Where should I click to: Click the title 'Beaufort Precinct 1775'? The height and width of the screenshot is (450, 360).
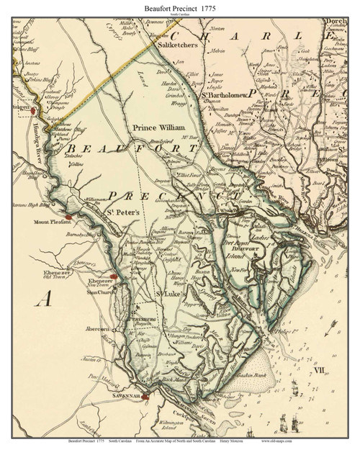coord(179,6)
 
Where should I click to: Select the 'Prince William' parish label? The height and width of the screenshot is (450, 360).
coord(155,127)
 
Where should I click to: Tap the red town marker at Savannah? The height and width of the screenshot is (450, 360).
coord(145,395)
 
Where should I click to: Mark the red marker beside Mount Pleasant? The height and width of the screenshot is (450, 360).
coord(68,216)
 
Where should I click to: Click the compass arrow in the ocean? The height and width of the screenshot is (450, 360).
coord(330,328)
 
